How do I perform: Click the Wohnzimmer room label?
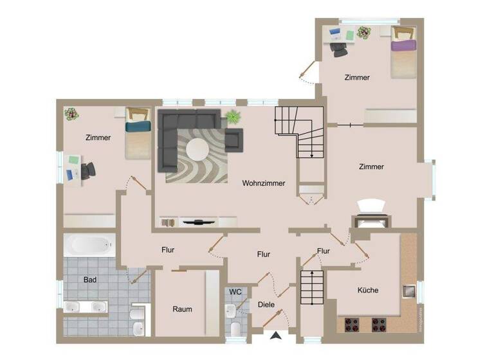(x=263, y=183)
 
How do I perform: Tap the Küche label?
(x=368, y=290)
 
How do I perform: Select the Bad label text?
(x=91, y=280)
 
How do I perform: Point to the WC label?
(x=236, y=292)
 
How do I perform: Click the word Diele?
(x=266, y=304)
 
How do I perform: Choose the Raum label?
(x=182, y=309)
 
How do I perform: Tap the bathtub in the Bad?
(x=90, y=244)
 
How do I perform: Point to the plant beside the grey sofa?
(x=232, y=118)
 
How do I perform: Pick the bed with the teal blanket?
(x=137, y=132)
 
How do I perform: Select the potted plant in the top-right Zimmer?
(x=364, y=32)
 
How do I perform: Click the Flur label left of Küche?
(x=324, y=251)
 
